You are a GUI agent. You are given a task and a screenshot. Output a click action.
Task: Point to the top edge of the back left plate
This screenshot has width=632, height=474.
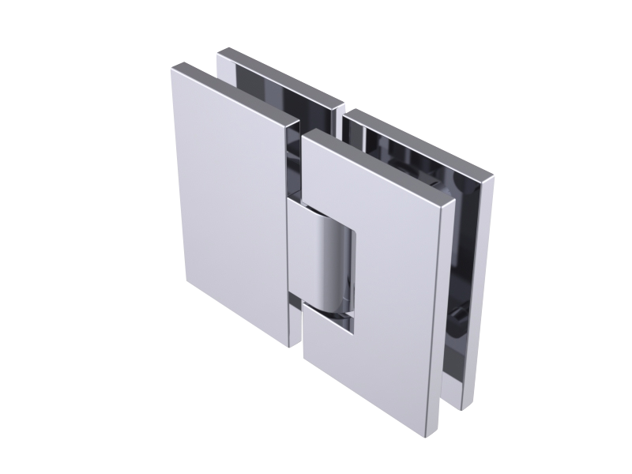280,75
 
